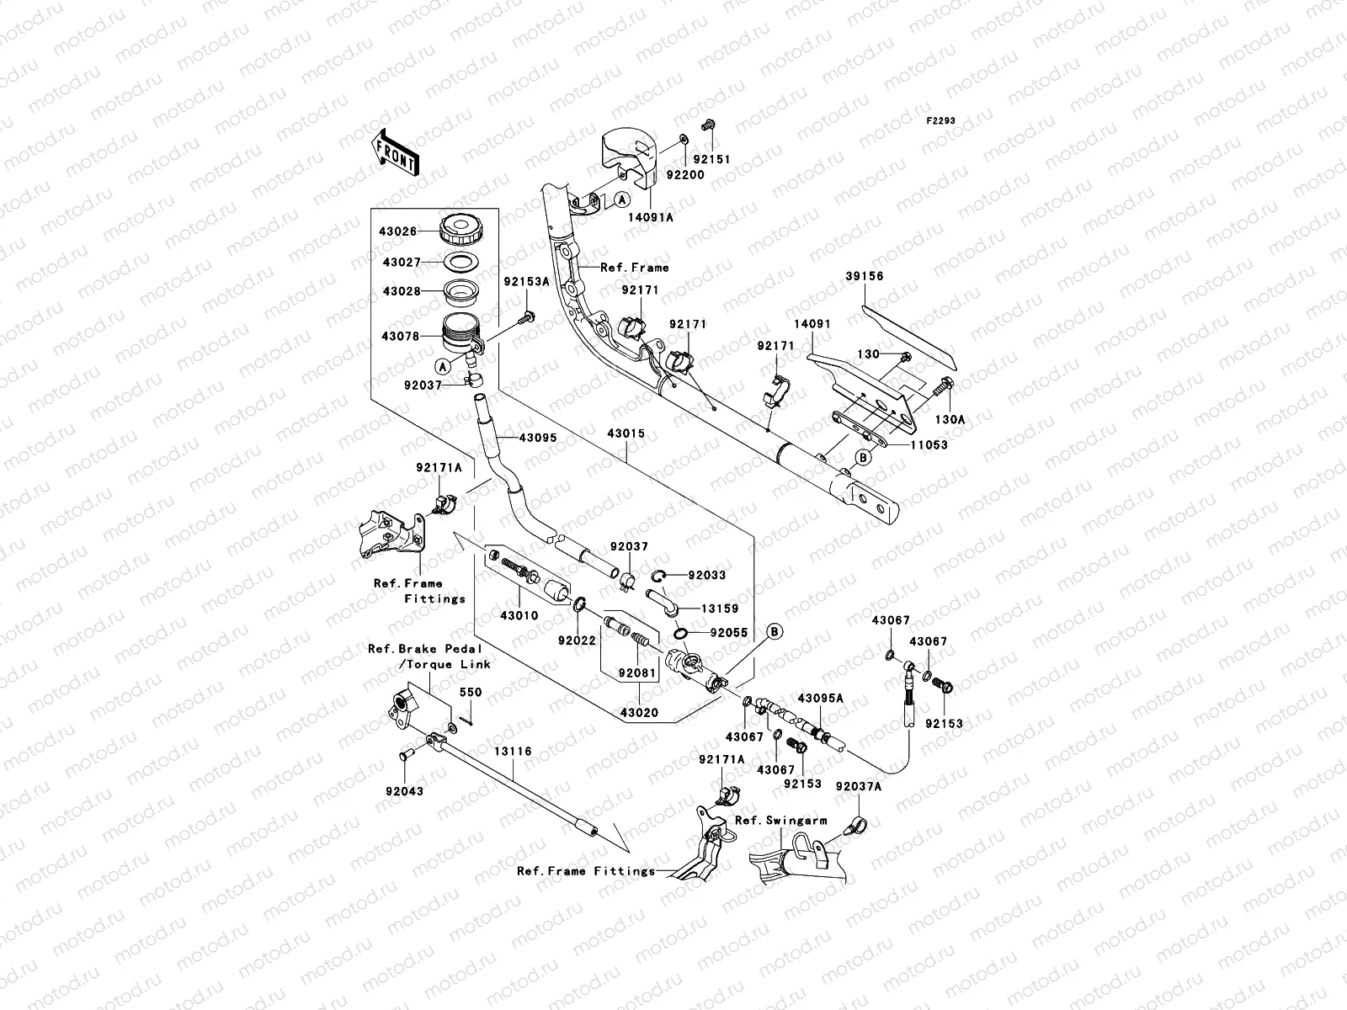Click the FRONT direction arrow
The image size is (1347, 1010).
(x=397, y=151)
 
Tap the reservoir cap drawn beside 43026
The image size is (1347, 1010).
(x=460, y=228)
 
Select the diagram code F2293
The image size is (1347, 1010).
(x=941, y=121)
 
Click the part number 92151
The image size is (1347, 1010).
(x=711, y=160)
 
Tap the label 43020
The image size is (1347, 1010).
(x=640, y=713)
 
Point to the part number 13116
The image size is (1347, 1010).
(x=514, y=752)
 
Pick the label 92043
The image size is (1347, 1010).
(x=405, y=791)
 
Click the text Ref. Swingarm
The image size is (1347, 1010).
(x=780, y=820)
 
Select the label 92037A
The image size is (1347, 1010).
(x=859, y=786)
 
